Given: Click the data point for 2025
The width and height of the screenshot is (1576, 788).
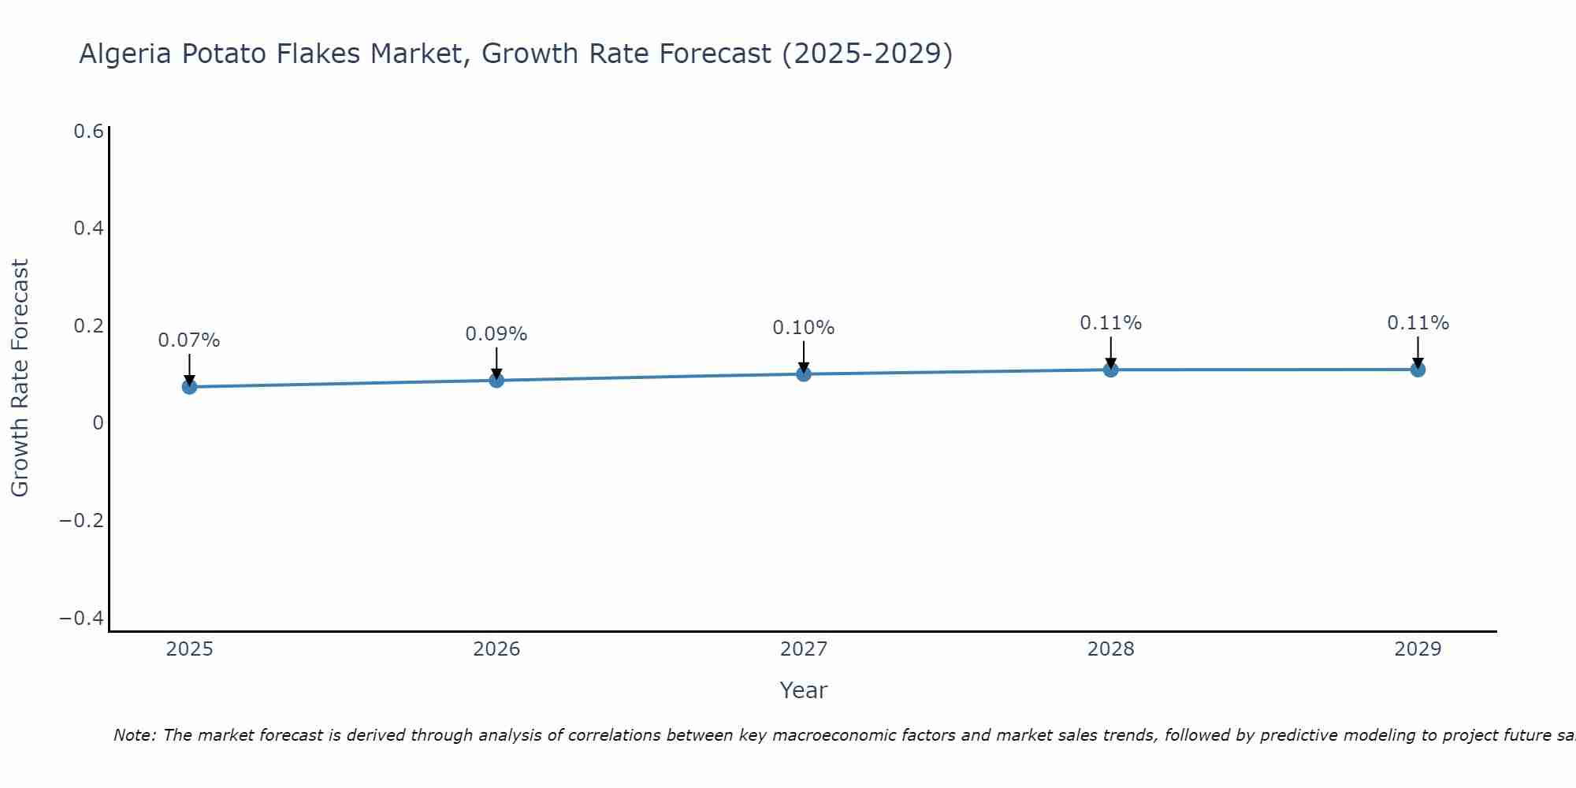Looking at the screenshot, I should pyautogui.click(x=189, y=387).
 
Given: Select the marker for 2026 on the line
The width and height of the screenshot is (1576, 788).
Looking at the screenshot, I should pyautogui.click(x=496, y=381).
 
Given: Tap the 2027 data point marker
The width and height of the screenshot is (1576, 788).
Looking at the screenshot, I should pyautogui.click(x=804, y=374).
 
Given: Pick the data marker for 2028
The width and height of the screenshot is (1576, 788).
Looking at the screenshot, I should pyautogui.click(x=1110, y=370).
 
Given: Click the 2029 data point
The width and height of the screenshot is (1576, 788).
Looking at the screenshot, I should pyautogui.click(x=1418, y=370).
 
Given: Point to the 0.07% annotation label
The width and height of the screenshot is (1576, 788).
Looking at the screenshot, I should pyautogui.click(x=189, y=340).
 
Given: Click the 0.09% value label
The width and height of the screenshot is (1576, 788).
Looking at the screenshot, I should pyautogui.click(x=496, y=334).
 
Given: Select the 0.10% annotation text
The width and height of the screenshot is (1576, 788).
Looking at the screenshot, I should pyautogui.click(x=804, y=328).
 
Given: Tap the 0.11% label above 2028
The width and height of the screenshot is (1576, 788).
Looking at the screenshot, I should pyautogui.click(x=1110, y=323).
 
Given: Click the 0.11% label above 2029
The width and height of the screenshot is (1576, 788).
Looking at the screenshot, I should pyautogui.click(x=1418, y=323).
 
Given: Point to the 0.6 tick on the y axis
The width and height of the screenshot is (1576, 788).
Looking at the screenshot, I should pyautogui.click(x=88, y=132).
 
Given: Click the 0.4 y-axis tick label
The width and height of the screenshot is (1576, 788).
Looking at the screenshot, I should pyautogui.click(x=88, y=229).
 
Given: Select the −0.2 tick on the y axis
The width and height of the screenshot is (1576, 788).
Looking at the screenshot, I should pyautogui.click(x=81, y=521).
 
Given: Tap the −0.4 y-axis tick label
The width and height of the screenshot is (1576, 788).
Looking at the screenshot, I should pyautogui.click(x=81, y=619).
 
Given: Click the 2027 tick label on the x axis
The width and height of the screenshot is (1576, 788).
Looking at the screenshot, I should pyautogui.click(x=804, y=649).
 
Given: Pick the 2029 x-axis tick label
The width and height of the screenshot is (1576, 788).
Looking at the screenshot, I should pyautogui.click(x=1418, y=649).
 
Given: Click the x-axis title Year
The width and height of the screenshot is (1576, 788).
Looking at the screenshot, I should pyautogui.click(x=804, y=690).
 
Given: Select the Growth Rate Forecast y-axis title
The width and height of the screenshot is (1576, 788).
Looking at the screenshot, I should pyautogui.click(x=20, y=378).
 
